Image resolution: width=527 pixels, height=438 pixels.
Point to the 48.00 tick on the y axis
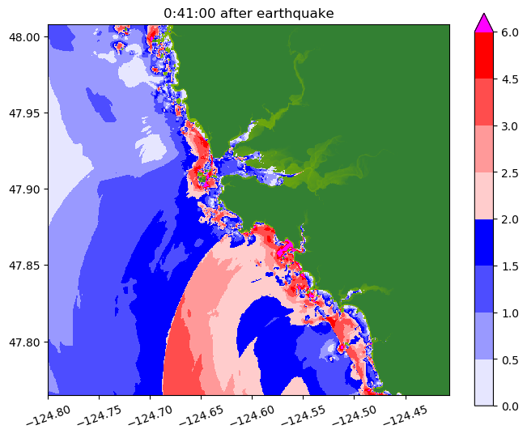coord(27,37)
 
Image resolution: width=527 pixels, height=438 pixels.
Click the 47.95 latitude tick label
coord(27,113)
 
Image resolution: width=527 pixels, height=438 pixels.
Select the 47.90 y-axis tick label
coord(27,189)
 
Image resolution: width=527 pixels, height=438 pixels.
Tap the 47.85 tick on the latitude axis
coord(27,266)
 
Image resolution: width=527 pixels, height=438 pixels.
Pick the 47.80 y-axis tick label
coord(27,342)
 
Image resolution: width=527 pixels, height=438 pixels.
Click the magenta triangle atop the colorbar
coord(484,23)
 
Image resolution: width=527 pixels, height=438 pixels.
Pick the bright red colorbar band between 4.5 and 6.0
coord(484,55)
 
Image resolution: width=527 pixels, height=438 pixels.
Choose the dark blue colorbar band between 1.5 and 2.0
coord(484,241)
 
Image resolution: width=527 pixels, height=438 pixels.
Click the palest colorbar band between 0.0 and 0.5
coord(484,381)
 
